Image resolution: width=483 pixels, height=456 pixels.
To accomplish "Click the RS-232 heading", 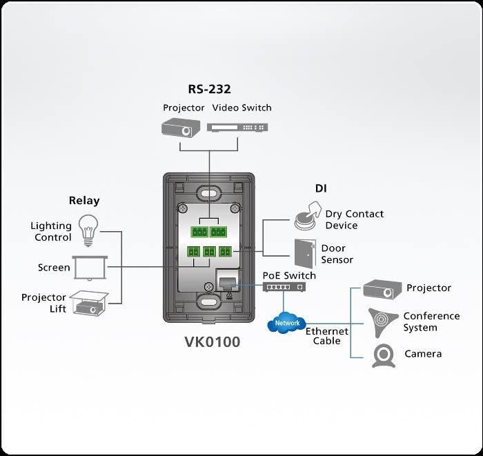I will coord(209,89).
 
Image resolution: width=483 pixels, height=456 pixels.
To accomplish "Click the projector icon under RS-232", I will coord(181,127).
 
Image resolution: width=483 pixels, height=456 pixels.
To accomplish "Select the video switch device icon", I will coord(238,128).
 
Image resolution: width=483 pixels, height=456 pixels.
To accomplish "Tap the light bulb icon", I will coord(87,230).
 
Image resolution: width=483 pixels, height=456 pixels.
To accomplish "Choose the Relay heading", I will coord(84,201).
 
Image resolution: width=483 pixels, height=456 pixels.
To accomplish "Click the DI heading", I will coord(321,188).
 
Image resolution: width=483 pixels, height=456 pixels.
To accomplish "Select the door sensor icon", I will coord(304,253).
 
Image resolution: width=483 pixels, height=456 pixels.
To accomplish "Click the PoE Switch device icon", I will coord(284,287).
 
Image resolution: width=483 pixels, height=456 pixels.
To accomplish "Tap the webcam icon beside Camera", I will coord(384,355).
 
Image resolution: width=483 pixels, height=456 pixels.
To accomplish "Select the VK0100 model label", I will coord(213,341).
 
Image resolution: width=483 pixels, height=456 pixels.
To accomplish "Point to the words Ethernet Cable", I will coord(327,336).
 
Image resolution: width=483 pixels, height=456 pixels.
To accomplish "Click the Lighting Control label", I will coord(51,231).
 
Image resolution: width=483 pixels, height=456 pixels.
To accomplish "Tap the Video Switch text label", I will coord(241,108).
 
